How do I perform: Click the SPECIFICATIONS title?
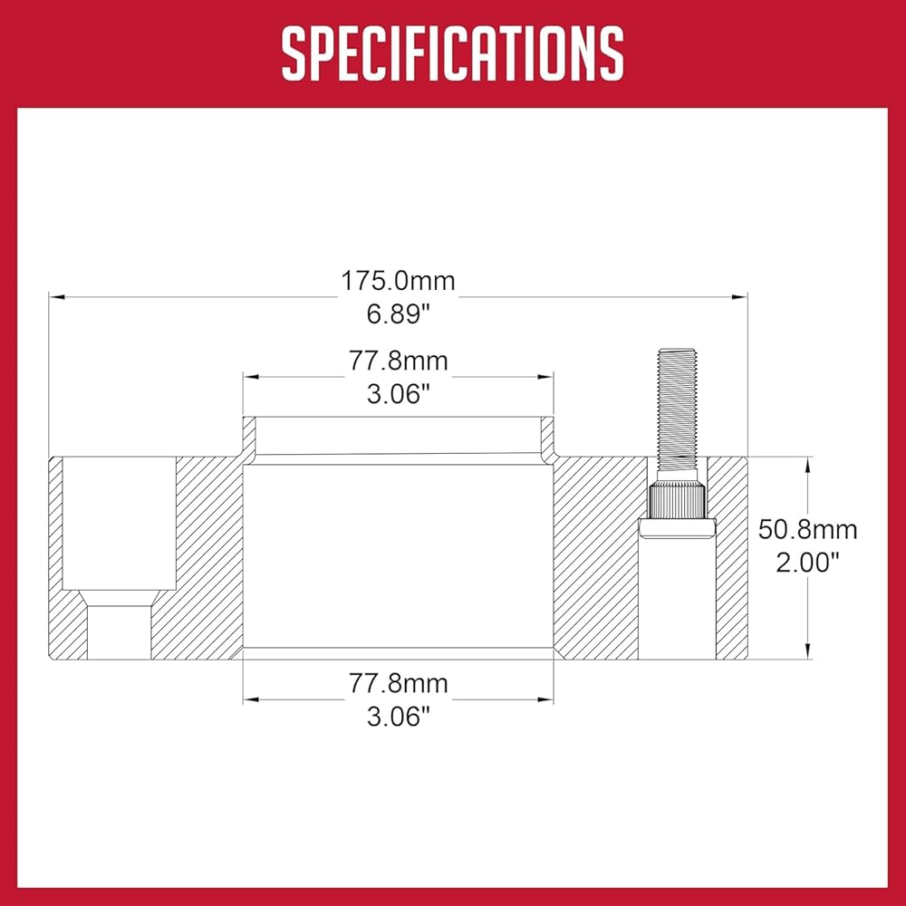point(453,53)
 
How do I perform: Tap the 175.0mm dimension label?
point(398,281)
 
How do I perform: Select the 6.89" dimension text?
point(399,314)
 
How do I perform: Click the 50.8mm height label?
point(807,530)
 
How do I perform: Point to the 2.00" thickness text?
point(807,563)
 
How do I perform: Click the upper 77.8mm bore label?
point(398,361)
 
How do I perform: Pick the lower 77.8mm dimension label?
point(398,683)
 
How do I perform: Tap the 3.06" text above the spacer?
point(399,395)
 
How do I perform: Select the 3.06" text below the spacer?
point(399,717)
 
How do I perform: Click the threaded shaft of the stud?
point(677,415)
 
